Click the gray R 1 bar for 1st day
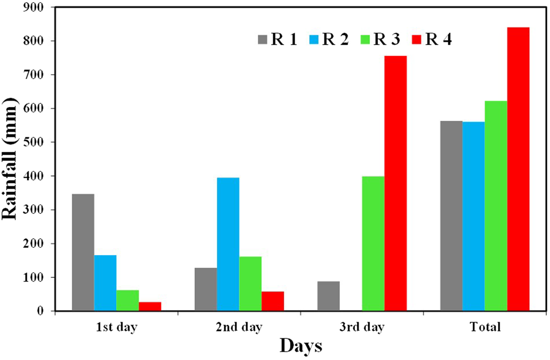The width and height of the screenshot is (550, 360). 83,252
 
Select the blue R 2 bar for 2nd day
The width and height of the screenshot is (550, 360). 228,244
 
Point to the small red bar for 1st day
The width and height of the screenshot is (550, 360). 150,306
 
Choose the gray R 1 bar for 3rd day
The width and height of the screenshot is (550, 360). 328,296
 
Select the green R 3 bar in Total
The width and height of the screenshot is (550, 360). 496,206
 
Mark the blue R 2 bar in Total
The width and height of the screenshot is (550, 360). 474,217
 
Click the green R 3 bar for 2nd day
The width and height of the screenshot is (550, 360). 250,284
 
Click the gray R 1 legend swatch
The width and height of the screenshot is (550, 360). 262,40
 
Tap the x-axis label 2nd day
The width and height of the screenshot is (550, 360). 239,328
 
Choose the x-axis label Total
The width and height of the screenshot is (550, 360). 485,328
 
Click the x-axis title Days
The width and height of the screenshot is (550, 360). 300,346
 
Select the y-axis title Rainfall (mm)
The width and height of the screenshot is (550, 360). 12,159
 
